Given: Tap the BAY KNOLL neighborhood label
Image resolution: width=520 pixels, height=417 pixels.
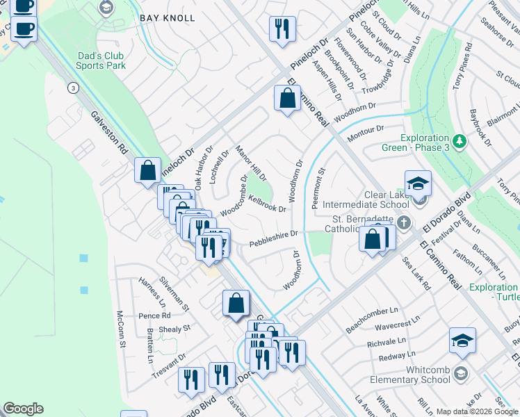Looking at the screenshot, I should click(x=167, y=17).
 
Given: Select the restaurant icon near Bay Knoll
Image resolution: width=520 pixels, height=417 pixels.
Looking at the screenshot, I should click(x=282, y=28).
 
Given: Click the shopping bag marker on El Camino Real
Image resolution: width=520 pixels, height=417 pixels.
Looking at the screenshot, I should click(x=287, y=99).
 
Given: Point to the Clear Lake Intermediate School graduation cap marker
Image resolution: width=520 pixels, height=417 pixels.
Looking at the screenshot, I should click(x=418, y=184).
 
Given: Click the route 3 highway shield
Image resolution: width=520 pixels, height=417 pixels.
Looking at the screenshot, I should click(x=72, y=88).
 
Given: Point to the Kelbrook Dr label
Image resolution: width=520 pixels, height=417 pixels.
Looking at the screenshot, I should click(x=268, y=204).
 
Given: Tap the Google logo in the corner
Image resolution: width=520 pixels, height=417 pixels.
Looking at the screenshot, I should click(x=23, y=408).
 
